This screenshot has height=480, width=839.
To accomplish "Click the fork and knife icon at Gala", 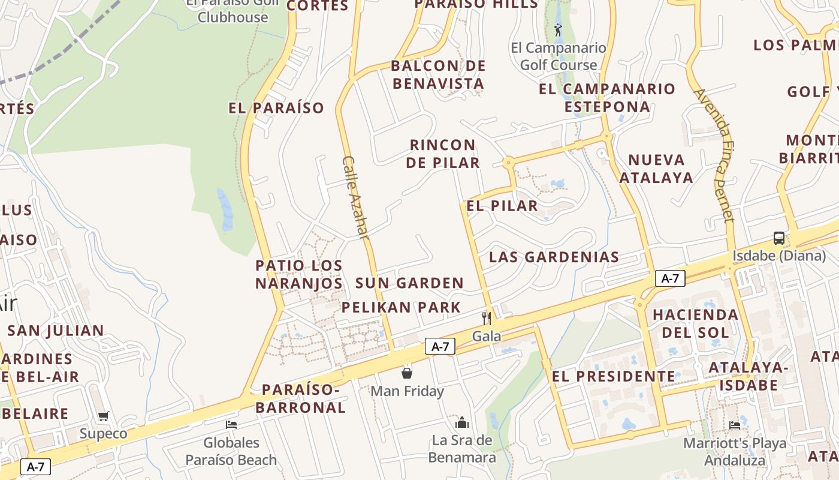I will point(487,318).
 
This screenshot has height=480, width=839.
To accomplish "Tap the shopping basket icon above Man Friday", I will point(407,373).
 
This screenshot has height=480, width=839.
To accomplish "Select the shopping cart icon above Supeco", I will point(104,416).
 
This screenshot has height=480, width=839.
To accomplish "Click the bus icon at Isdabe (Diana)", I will point(778,238).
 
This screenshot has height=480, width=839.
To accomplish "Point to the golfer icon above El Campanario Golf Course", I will point(559,30).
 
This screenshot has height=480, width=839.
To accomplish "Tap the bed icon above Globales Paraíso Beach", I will point(231,425).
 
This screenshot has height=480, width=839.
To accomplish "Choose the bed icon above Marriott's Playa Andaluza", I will point(735,425).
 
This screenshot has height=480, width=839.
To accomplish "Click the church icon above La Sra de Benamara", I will point(462,422).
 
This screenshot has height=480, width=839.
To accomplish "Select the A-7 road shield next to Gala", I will point(440,346).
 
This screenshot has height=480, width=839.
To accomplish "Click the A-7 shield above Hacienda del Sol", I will point(670,278).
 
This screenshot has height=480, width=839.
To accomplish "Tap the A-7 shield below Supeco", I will point(35,466).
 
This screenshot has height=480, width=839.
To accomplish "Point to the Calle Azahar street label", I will point(354,197).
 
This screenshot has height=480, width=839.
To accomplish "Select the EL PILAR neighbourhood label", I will point(502,206).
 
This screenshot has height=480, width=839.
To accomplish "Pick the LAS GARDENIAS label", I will point(554,257).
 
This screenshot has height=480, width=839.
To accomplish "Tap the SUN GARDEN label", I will point(409,283).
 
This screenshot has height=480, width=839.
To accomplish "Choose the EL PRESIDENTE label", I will point(613,376).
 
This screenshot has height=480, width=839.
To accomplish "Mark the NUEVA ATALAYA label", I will point(656,169).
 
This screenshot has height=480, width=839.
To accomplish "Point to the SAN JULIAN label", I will point(56,331).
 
